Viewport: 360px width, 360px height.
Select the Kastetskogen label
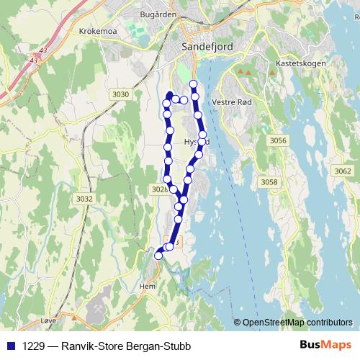point(301,63)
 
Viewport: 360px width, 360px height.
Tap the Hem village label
point(148,286)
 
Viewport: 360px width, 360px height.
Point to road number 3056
point(276,140)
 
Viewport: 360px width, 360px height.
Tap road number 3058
point(269,182)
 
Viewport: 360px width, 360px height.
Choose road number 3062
point(343,171)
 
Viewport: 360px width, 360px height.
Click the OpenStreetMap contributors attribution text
point(297,323)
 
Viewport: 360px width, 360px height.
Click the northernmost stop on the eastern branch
point(193,84)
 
